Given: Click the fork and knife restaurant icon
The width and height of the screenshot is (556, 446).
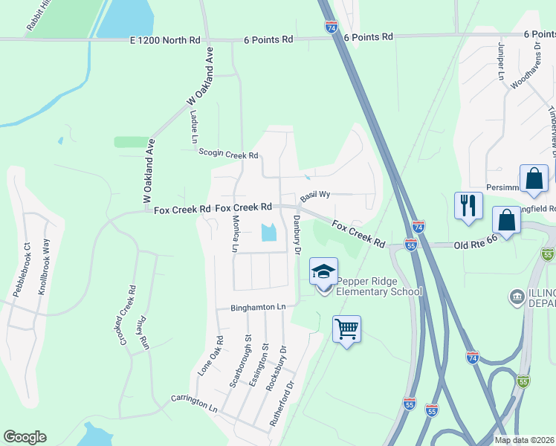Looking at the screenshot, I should tap(468, 205).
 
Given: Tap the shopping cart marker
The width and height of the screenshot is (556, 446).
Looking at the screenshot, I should tap(347, 328).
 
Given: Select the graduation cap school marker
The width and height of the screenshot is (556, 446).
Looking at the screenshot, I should tap(323, 271).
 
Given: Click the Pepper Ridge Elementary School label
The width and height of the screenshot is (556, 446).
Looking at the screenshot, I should tap(379, 286).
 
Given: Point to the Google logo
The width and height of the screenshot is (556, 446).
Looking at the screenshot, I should tap(25, 437).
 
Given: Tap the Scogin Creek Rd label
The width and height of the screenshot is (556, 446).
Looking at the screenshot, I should tap(228, 154).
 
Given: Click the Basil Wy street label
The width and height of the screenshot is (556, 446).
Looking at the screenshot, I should tap(314, 195).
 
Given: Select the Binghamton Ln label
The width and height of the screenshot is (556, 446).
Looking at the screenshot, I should tap(258, 307).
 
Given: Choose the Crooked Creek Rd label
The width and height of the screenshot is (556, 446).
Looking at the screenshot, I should tap(127, 315).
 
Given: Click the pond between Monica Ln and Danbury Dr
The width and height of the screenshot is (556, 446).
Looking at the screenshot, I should tap(268, 233).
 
